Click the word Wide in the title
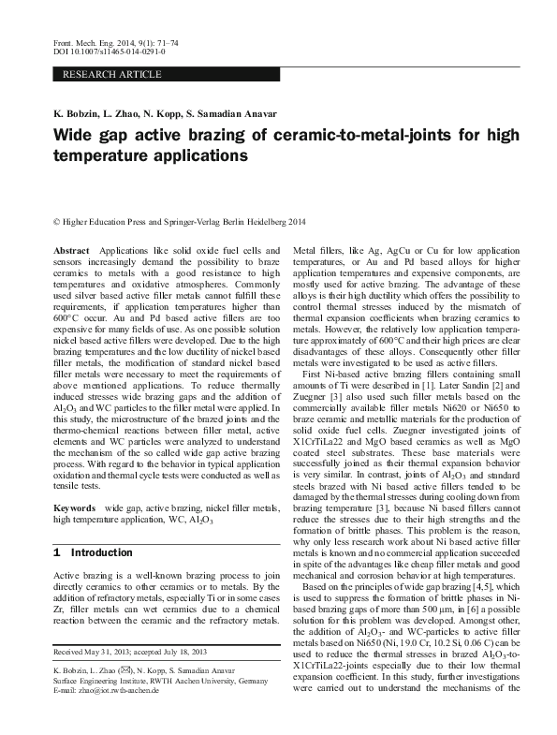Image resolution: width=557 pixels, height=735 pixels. pyautogui.click(x=75, y=134)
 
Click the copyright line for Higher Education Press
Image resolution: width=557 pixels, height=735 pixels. pyautogui.click(x=180, y=222)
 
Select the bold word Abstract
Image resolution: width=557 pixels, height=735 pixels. pyautogui.click(x=72, y=252)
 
